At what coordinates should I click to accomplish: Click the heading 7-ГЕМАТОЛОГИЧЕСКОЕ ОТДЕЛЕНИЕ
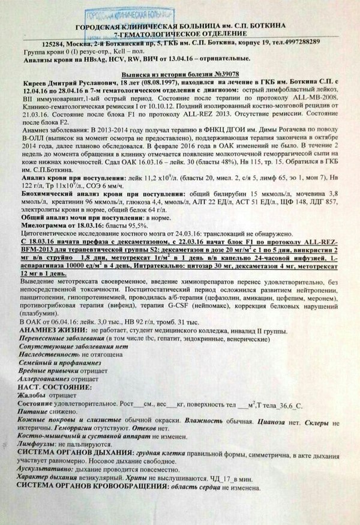coord(183,34)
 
